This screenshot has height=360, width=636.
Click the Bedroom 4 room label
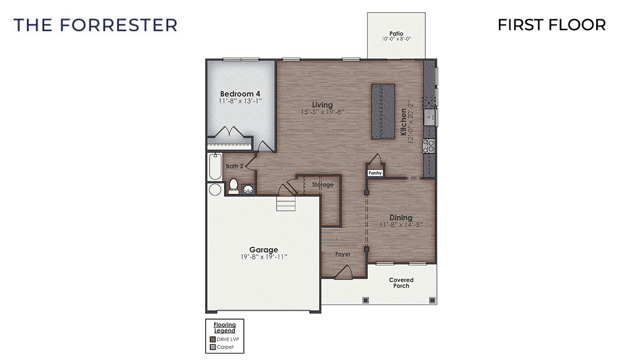point(240,93)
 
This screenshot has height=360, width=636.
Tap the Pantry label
point(376,173)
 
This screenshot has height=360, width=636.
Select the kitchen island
point(383,110)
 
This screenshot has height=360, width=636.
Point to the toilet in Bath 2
point(233,186)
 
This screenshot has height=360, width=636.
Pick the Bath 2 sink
point(248,189)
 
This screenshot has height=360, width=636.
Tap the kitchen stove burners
point(429,145)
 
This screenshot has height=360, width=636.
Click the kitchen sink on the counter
point(430,117)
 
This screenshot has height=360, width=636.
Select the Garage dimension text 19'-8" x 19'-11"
point(263,257)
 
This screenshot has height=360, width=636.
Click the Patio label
point(396,33)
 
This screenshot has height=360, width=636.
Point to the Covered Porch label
point(401,283)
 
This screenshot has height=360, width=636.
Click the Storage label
point(322,185)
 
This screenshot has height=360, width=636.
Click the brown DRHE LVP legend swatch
point(213,339)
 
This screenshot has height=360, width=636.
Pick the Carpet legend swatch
point(213,347)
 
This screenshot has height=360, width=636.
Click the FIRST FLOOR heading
point(551,25)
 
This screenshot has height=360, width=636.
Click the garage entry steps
point(286,205)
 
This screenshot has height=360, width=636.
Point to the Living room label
point(322,105)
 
